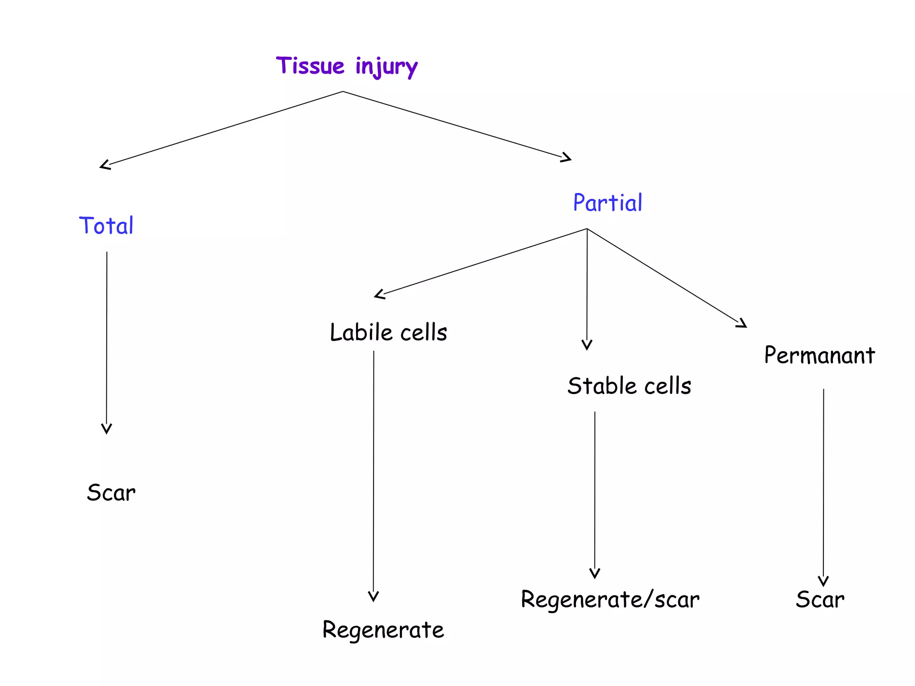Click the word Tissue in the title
(x=310, y=66)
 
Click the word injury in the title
(x=386, y=67)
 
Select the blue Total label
(x=106, y=226)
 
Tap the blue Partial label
(x=608, y=203)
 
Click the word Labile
(x=361, y=332)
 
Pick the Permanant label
(x=819, y=356)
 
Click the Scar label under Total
(x=111, y=493)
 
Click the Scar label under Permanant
(x=820, y=599)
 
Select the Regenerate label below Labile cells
(x=383, y=630)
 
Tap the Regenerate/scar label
(x=610, y=599)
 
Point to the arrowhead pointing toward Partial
(x=567, y=158)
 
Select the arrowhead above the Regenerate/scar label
(x=595, y=574)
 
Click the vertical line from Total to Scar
(x=106, y=339)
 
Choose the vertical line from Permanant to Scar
(x=823, y=482)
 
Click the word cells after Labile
(x=424, y=332)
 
